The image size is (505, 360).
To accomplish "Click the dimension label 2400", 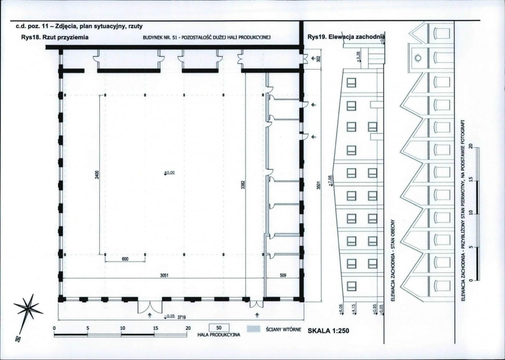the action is (97, 175).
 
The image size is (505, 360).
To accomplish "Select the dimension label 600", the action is (125, 259).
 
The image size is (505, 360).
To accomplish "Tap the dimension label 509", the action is (283, 275).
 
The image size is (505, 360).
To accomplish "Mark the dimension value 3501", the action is (318, 185).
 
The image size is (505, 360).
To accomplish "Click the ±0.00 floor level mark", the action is (169, 173).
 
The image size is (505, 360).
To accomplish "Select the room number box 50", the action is (219, 328).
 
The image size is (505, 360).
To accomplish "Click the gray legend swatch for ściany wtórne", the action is (253, 329).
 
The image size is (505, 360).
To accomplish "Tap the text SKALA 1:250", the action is (329, 331).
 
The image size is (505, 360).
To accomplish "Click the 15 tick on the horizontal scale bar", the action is (155, 328).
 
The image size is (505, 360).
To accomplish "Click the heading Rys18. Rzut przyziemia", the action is (55, 37).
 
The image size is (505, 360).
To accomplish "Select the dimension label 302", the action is (319, 59).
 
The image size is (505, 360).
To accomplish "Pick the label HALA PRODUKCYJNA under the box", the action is (219, 335).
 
